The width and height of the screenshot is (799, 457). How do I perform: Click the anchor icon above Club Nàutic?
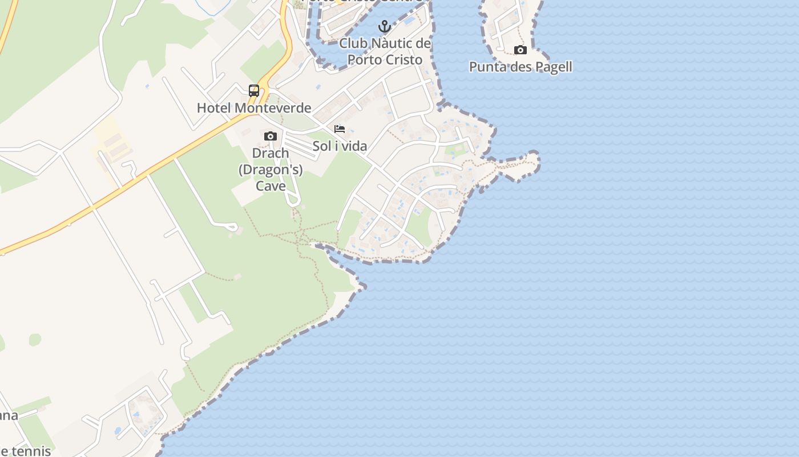(x=385, y=26)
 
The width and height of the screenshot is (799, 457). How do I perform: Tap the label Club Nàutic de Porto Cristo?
(x=385, y=51)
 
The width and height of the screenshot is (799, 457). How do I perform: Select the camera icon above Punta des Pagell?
(x=520, y=50)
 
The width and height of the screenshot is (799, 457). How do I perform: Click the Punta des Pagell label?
(x=520, y=67)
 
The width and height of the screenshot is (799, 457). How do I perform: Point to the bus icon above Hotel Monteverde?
(x=254, y=91)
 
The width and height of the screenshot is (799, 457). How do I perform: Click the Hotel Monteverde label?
(x=254, y=108)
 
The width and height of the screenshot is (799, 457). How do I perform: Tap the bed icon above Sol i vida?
(x=340, y=129)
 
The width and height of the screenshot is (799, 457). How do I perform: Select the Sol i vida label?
(x=340, y=146)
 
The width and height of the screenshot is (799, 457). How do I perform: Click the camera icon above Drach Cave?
(x=271, y=136)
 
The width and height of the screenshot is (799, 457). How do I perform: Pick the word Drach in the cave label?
(x=271, y=153)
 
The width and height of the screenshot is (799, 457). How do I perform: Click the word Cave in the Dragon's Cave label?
(x=271, y=186)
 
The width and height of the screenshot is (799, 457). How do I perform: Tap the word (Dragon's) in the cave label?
(x=271, y=170)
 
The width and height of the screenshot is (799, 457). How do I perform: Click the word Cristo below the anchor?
(x=402, y=59)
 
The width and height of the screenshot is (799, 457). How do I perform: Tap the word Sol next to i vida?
(x=322, y=146)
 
